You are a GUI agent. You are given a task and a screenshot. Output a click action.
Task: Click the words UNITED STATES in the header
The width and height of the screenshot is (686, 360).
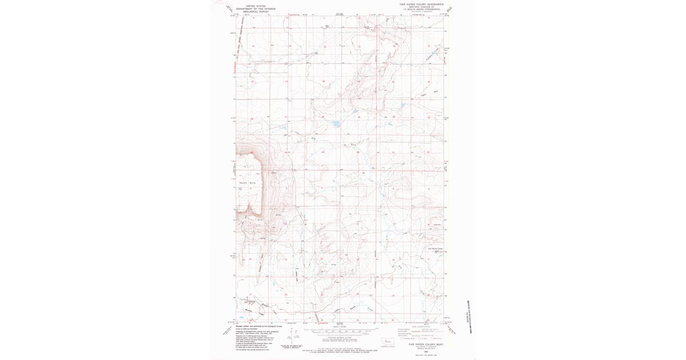pyautogui.click(x=256, y=6)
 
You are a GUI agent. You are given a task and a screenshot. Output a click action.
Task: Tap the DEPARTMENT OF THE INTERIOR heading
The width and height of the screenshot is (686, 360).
pyautogui.click(x=256, y=9)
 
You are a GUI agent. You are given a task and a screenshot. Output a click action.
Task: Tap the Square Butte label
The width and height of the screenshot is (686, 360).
pyautogui.click(x=247, y=182)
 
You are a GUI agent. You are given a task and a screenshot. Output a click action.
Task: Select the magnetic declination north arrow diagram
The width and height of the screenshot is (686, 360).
pyautogui.click(x=290, y=341)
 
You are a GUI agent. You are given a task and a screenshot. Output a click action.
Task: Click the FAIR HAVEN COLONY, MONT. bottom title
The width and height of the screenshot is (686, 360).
pyautogui.click(x=422, y=345)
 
